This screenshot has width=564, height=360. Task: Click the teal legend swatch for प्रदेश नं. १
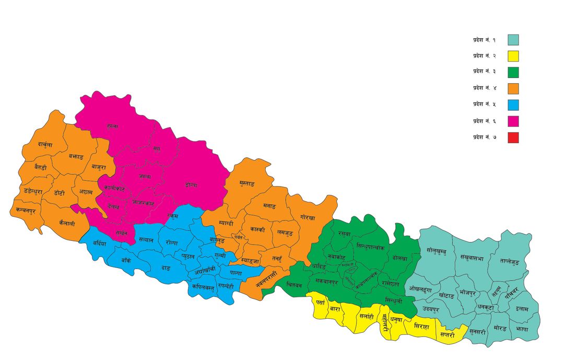pos(513,40)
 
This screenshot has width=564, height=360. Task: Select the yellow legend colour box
pos(513,56)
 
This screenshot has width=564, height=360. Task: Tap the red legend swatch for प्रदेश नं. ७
pos(513,138)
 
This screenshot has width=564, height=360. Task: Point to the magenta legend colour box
pos(513,122)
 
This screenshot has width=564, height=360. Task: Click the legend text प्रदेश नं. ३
pos(484,72)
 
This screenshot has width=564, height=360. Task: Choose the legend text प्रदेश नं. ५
pos(484,105)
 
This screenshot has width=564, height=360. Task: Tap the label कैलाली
pos(67,224)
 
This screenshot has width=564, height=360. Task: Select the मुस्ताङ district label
pos(243,184)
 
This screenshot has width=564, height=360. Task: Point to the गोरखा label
pos(308,216)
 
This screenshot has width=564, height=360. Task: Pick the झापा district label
pos(521,330)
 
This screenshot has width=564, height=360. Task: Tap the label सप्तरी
pos(446,334)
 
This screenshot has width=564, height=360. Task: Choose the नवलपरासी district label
pos(259,279)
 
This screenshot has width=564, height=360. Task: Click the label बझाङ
pos(76,156)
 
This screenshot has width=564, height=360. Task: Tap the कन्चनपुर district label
pos(26,210)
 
